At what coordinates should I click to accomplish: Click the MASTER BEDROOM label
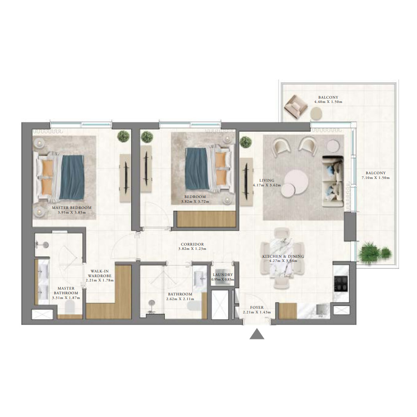click(x=72, y=207)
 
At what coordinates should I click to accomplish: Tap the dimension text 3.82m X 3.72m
click(x=195, y=201)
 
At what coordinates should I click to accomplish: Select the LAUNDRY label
click(x=223, y=274)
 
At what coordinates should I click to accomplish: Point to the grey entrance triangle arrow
click(x=257, y=334)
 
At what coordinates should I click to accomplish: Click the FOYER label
click(x=257, y=307)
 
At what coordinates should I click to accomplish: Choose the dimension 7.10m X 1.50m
click(x=376, y=178)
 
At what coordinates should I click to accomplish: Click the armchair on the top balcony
click(x=295, y=107)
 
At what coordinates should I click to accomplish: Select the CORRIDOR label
click(x=192, y=244)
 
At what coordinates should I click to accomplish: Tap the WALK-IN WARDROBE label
click(x=100, y=274)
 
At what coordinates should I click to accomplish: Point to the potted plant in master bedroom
click(x=124, y=136)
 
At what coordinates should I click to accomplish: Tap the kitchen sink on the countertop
click(x=323, y=310)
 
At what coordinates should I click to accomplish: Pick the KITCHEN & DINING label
click(x=283, y=256)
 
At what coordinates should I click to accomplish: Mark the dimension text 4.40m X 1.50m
click(x=328, y=102)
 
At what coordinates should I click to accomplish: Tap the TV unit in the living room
click(x=246, y=182)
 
